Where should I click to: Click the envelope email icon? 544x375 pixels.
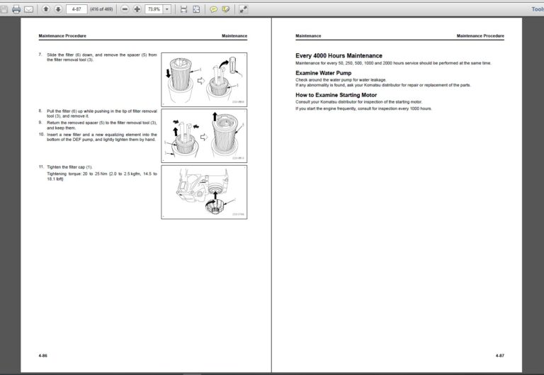tap(28, 9)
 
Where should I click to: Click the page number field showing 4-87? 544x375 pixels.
tap(76, 9)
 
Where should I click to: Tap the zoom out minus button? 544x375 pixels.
tap(125, 9)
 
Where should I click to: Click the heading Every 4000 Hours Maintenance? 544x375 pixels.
tap(339, 55)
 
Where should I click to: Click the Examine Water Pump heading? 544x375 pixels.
tap(323, 73)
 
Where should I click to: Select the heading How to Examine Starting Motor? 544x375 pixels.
tap(336, 94)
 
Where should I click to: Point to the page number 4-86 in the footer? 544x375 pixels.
tap(43, 354)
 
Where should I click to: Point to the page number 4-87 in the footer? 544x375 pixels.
tap(499, 354)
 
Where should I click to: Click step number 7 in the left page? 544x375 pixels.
tap(40, 55)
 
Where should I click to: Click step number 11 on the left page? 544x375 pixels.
tap(42, 167)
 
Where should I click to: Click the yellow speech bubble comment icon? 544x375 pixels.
tap(213, 9)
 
